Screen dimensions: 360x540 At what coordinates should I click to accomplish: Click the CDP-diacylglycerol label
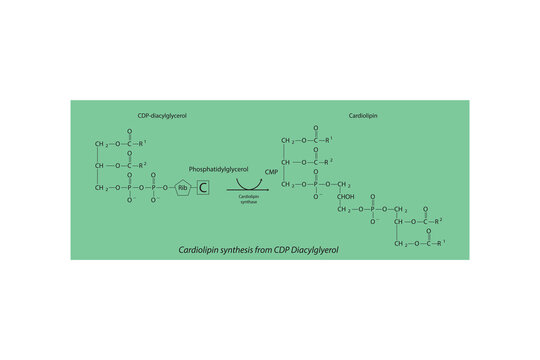point(162,116)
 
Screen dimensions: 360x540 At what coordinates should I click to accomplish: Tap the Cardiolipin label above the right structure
point(362,116)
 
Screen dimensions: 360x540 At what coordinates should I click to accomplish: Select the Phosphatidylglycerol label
point(219,170)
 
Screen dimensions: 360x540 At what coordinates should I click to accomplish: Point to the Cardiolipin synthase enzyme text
point(250,200)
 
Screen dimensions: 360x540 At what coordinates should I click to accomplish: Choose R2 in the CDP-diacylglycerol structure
point(142,162)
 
